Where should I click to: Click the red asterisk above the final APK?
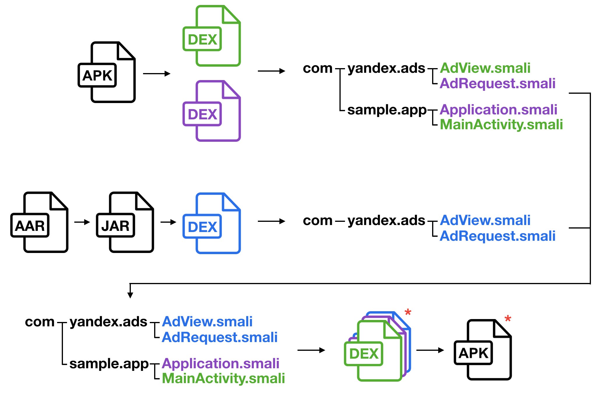pos(508,318)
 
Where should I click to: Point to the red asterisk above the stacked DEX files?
pos(408,312)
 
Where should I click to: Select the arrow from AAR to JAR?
pos(82,222)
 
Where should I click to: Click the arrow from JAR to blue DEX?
pos(168,222)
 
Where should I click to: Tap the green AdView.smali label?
pos(485,68)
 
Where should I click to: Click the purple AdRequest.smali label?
pos(498,83)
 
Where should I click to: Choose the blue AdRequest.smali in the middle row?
pos(498,236)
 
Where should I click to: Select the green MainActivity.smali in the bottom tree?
pos(223,378)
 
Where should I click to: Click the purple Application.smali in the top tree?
pos(499,110)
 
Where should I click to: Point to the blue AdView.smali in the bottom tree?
pos(207,322)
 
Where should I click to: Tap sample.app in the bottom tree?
pos(109,364)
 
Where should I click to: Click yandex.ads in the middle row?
pos(386,221)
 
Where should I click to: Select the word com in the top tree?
pos(318,68)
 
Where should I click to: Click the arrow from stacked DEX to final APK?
pos(430,350)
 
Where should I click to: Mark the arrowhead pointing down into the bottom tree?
pos(130,295)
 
